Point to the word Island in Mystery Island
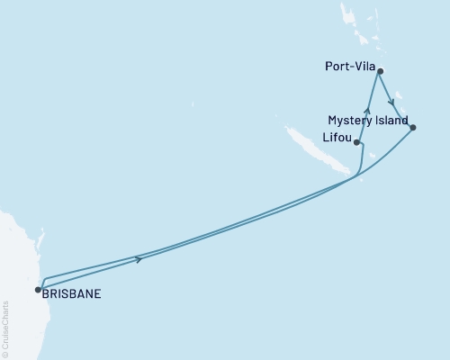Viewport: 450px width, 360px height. click(391, 120)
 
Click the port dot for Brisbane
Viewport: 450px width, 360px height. click(38, 290)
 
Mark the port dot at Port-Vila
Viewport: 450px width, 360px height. click(381, 70)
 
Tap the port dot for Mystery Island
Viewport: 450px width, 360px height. click(412, 128)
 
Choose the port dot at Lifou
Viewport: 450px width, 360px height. click(357, 142)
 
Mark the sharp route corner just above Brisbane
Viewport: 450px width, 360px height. click(42, 278)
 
